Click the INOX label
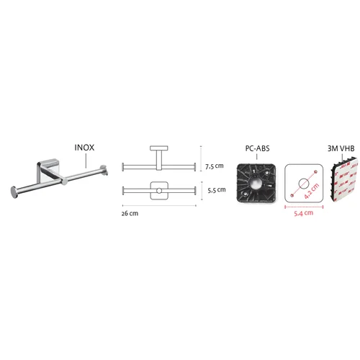(x=84, y=148)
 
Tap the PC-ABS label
(x=257, y=148)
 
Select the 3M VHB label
(x=341, y=148)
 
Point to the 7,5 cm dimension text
(x=215, y=166)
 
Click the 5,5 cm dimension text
(x=217, y=190)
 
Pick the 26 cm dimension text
(x=130, y=213)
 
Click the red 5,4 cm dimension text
(x=304, y=213)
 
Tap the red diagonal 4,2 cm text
(x=312, y=191)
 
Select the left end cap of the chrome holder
(x=14, y=192)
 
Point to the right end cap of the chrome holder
(x=103, y=169)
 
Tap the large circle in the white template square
(x=304, y=184)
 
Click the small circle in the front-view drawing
(x=159, y=191)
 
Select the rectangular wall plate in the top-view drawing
(x=159, y=148)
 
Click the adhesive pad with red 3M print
(x=343, y=179)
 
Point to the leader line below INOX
(x=86, y=161)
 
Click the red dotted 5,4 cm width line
(x=304, y=207)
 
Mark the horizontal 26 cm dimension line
(x=159, y=205)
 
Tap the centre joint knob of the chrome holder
(x=64, y=181)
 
